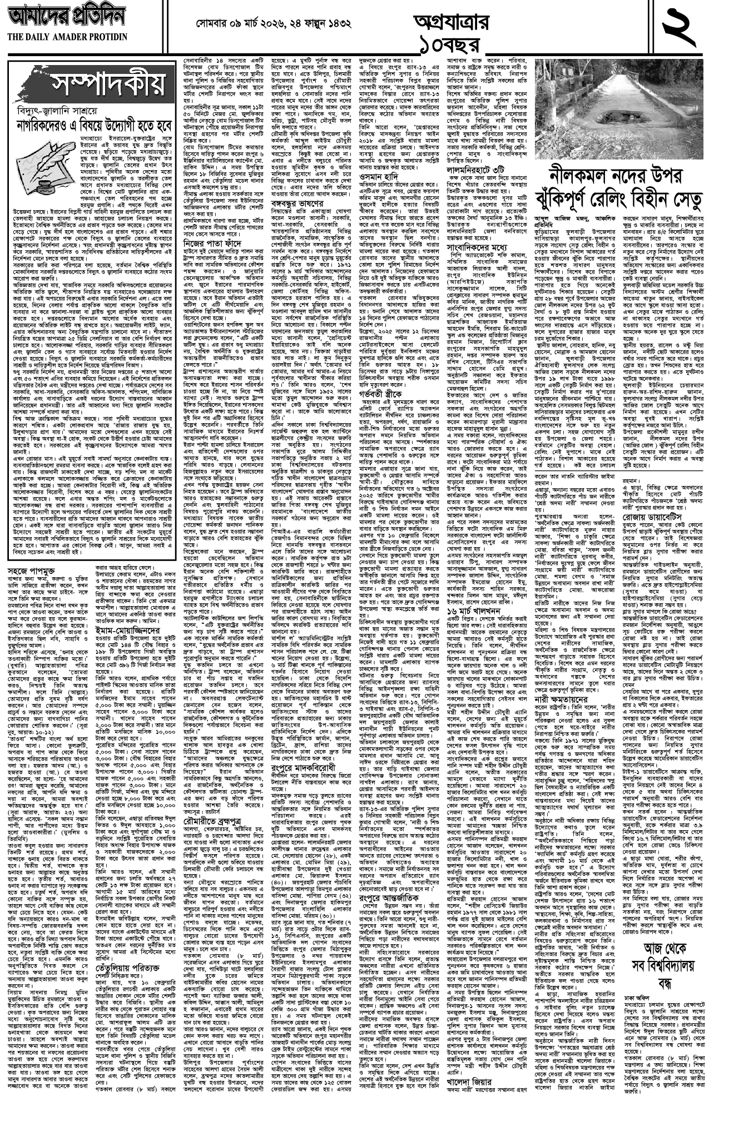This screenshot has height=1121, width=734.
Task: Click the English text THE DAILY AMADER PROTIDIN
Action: pyautogui.click(x=67, y=37)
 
